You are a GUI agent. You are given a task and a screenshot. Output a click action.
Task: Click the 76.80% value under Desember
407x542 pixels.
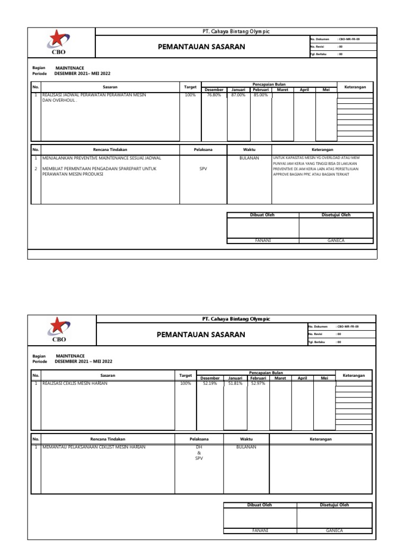pos(214,95)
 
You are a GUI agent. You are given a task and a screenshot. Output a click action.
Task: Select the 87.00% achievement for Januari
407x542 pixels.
pos(238,95)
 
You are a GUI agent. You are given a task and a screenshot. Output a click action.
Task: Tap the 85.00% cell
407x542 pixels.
pos(260,95)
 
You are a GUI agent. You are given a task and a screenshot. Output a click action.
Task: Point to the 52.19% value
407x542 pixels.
pos(210,383)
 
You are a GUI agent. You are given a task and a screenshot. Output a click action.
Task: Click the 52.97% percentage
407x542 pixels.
pos(258,383)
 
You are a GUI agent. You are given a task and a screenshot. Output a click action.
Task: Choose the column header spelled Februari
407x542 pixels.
pos(258,378)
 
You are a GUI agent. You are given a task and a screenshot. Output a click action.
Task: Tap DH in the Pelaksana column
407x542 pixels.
pos(199,447)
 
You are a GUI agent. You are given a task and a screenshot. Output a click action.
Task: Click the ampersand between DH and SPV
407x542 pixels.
pos(199,453)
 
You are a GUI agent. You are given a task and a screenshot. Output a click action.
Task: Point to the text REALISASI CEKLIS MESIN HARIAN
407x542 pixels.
pos(75,383)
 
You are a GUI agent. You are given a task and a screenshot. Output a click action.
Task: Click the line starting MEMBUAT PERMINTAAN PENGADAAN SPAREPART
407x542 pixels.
pos(93,169)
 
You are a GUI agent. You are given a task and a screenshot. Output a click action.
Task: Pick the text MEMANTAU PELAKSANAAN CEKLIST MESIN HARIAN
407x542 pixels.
pos(94,447)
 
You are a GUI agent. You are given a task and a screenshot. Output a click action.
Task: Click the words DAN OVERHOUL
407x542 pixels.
pos(59,100)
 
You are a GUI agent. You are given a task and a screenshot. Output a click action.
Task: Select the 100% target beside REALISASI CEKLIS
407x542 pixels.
pos(185,383)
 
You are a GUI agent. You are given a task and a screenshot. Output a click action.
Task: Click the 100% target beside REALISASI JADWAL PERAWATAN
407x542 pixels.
pos(190,95)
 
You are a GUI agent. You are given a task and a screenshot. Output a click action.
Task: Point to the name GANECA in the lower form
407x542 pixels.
pos(334,530)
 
